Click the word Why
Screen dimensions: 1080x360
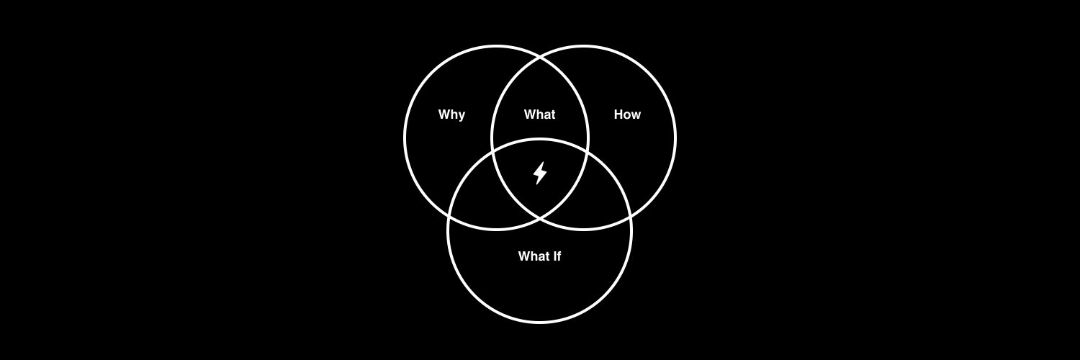451,114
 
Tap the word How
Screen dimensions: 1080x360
627,114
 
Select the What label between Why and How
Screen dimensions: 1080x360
539,114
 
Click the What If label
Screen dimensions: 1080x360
539,256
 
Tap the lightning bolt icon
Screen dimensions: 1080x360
540,173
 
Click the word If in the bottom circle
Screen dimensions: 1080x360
557,256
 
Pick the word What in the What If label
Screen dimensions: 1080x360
534,256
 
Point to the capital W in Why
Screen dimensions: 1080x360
444,114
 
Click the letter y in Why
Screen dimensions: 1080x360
462,116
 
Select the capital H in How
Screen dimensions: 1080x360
618,114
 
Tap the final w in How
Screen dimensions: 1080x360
636,116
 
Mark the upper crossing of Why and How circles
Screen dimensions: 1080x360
540,58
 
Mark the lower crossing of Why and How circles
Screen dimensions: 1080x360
540,218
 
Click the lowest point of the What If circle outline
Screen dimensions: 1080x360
539,321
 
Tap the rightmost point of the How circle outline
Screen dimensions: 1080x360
675,138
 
